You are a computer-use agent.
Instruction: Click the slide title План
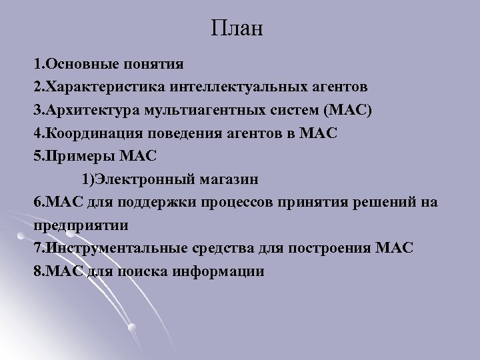(239, 28)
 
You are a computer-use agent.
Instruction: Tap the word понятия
(155, 65)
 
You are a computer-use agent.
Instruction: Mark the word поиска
(153, 271)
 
